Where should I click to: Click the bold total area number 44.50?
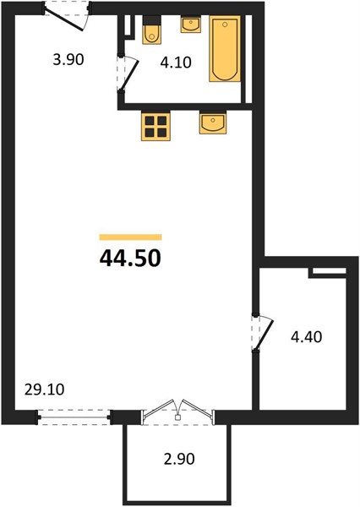click(130, 259)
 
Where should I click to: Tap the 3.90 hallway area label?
click(68, 60)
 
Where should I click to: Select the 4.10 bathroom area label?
click(176, 62)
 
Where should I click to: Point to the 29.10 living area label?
click(44, 390)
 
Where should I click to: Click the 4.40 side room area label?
click(306, 337)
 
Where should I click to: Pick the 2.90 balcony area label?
click(179, 459)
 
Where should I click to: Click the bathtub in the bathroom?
click(225, 48)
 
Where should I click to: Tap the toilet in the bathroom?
click(152, 30)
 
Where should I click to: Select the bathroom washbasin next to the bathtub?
click(190, 25)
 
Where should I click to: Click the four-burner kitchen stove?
click(155, 126)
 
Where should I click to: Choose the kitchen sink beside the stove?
click(213, 123)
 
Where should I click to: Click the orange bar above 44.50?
click(130, 237)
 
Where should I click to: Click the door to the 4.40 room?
click(265, 334)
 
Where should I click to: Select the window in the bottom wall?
click(74, 417)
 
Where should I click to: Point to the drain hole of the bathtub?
click(225, 25)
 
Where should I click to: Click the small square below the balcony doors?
click(177, 417)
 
